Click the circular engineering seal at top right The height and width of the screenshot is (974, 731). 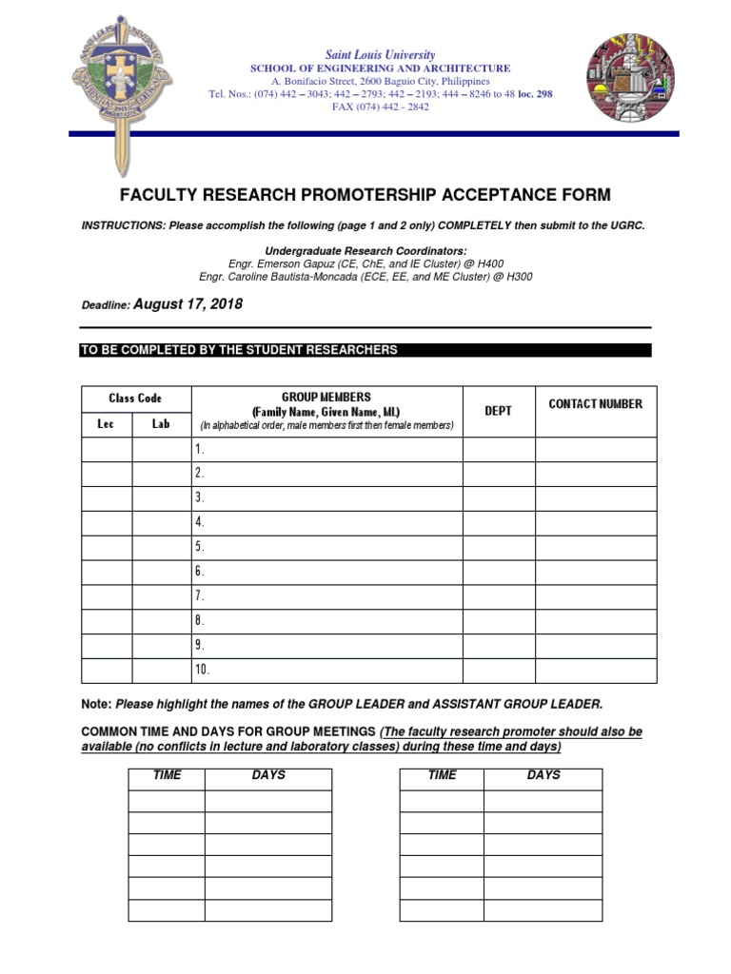pos(630,77)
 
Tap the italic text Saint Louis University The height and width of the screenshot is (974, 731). pos(380,55)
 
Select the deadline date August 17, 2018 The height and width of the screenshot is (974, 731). pos(188,304)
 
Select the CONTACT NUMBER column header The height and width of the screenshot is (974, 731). pos(595,404)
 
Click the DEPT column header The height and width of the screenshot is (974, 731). pos(498,411)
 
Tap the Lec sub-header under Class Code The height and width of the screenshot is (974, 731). pos(106,424)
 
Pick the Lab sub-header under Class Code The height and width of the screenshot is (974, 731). pos(161,424)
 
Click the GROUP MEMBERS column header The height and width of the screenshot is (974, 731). pos(326,398)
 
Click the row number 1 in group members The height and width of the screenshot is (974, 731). pos(200,449)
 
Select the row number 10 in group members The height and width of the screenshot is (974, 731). pos(202,671)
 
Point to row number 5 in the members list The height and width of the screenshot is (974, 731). pos(200,547)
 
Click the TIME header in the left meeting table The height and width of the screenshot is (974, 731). pos(167,775)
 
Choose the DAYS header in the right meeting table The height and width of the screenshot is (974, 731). pos(543,775)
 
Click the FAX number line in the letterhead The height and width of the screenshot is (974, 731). pos(380,107)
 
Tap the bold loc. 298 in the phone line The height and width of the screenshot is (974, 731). pos(535,94)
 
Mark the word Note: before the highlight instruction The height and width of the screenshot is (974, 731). pos(97,705)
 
